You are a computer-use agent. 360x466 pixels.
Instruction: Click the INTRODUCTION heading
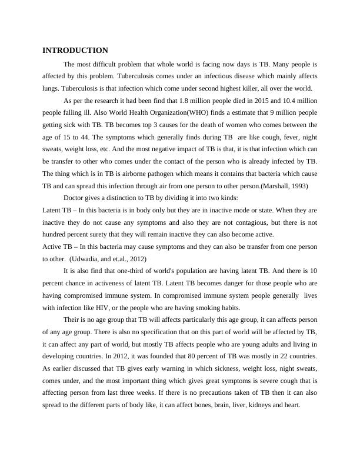[x=75, y=51]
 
